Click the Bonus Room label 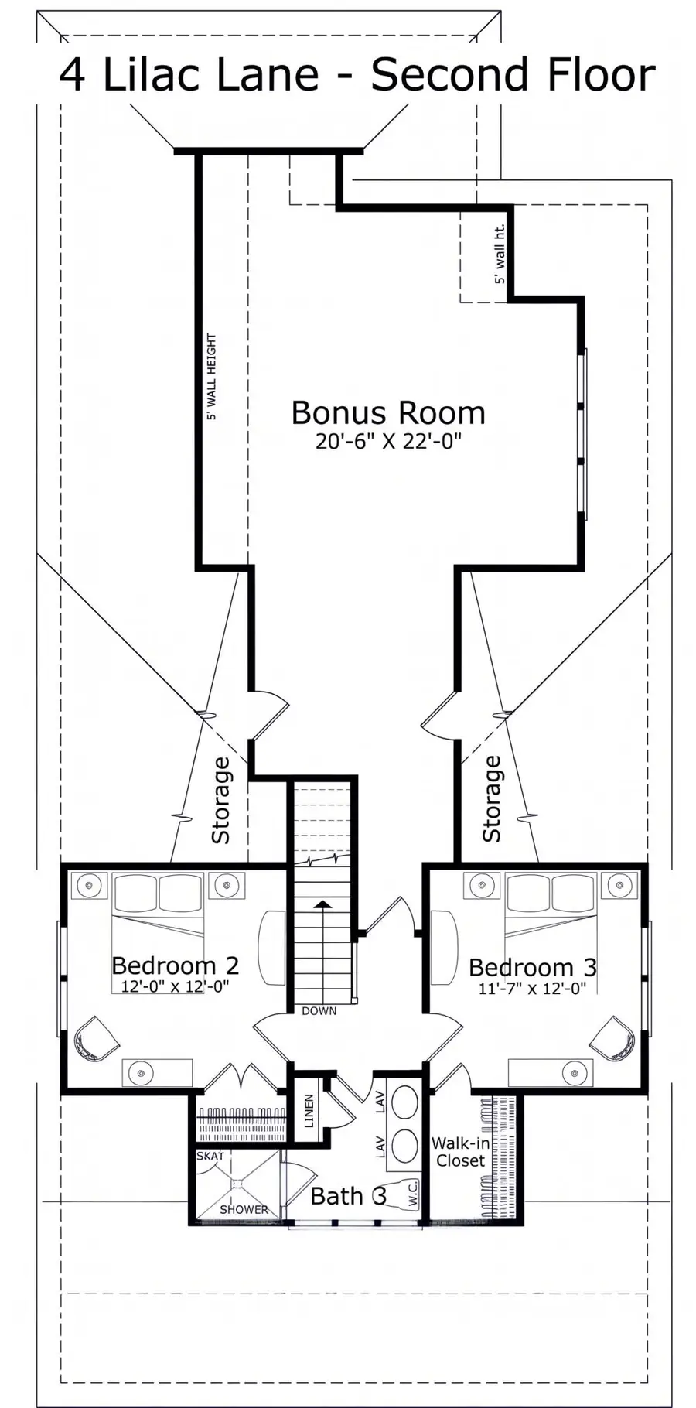pos(388,412)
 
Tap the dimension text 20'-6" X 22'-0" pos(388,441)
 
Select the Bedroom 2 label pos(175,965)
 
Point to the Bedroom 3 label pos(533,968)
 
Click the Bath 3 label pos(348,1196)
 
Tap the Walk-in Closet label pos(460,1152)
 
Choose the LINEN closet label pos(309,1110)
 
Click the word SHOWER pos(244,1209)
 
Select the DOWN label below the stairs pos(319,1011)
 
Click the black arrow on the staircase pos(322,904)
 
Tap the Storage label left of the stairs pos(221,800)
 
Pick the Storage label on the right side pos(492,799)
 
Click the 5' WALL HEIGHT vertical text pos(211,377)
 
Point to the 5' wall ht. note pos(500,254)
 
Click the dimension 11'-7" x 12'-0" pos(532,988)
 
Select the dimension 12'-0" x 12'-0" pos(176,986)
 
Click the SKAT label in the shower pos(210,1156)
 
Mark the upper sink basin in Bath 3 pos(403,1103)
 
